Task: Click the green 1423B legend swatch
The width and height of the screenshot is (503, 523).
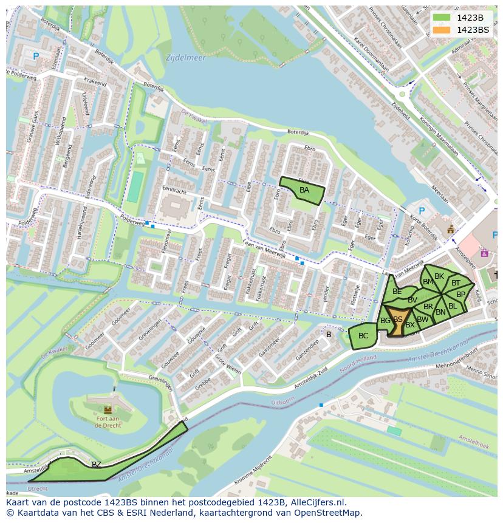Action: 441,18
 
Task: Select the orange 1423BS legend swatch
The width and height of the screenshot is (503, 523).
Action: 441,30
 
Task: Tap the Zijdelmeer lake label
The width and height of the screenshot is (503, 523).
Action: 185,58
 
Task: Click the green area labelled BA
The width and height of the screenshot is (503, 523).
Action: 304,191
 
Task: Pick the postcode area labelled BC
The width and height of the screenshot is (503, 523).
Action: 363,336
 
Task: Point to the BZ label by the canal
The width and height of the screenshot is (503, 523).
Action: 96,465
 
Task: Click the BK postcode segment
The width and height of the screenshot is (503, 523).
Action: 439,276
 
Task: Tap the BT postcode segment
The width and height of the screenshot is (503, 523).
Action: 456,283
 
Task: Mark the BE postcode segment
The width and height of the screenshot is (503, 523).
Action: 397,292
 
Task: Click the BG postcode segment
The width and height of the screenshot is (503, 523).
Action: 385,321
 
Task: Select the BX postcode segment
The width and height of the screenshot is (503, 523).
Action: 410,325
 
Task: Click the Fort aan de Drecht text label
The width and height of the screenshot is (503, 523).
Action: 108,422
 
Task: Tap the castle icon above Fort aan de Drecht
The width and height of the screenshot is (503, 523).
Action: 108,409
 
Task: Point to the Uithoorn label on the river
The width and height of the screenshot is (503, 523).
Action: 282,402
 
